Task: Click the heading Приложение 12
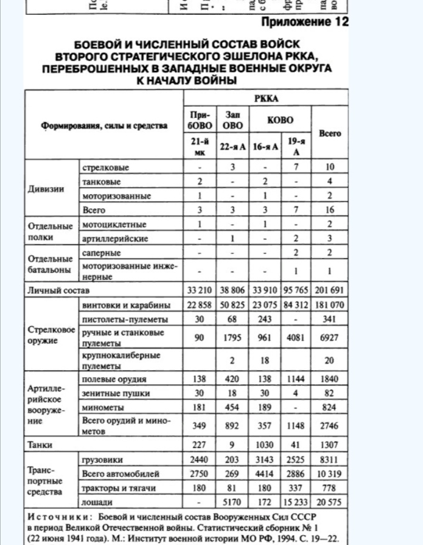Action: (x=305, y=22)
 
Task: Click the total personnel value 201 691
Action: (x=330, y=290)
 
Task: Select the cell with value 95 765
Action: (x=298, y=290)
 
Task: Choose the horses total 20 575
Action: (x=330, y=502)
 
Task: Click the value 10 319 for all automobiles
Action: (x=330, y=474)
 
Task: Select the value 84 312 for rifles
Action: (x=298, y=305)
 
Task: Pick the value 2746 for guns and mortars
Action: (x=330, y=426)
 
